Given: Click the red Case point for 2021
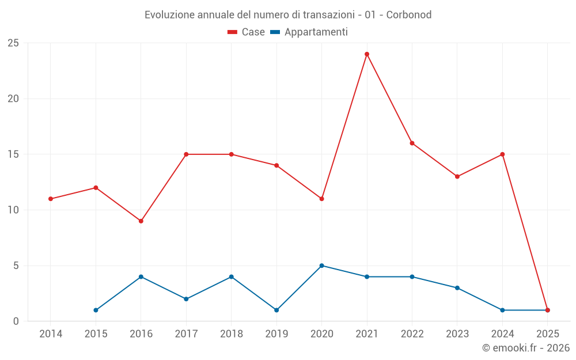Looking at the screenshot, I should click(x=367, y=54).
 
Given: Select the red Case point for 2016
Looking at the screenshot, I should click(x=141, y=221).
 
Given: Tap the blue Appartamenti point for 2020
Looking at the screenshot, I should click(x=321, y=266).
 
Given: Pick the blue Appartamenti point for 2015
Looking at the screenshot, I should click(x=96, y=310).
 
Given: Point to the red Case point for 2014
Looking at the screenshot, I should click(x=51, y=199).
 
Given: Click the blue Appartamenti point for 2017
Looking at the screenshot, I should click(x=186, y=299).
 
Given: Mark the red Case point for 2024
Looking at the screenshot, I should click(x=502, y=154).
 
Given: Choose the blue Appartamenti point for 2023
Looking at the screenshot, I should click(x=457, y=288).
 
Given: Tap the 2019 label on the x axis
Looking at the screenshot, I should click(x=276, y=334).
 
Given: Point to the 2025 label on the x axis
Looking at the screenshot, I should click(x=547, y=334).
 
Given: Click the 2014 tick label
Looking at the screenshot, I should click(x=51, y=334).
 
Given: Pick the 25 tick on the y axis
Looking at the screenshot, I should click(x=13, y=43).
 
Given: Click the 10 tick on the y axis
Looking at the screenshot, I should click(x=13, y=210).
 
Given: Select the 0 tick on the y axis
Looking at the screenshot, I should click(x=16, y=321).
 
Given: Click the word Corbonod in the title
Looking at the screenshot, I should click(x=409, y=15).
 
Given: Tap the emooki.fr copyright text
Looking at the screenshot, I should click(x=526, y=348).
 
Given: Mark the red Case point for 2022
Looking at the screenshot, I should click(x=412, y=143).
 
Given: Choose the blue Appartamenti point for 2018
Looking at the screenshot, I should click(x=231, y=277).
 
